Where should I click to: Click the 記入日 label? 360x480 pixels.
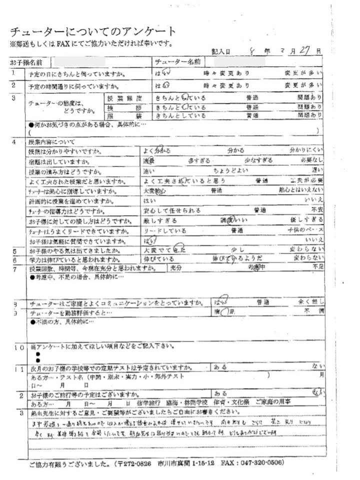(221, 52)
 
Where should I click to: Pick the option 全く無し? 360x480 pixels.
(311, 302)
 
